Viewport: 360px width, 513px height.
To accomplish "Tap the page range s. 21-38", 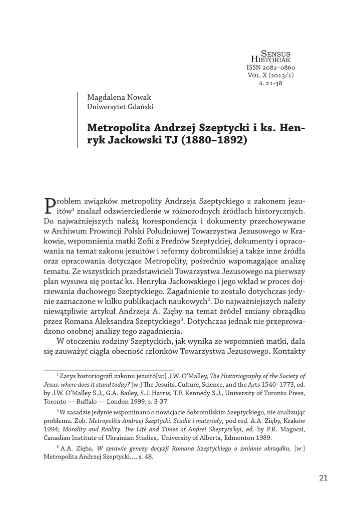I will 271,84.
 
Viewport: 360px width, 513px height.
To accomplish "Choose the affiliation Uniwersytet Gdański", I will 120,106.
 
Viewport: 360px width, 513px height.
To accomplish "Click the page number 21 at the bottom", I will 322,478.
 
